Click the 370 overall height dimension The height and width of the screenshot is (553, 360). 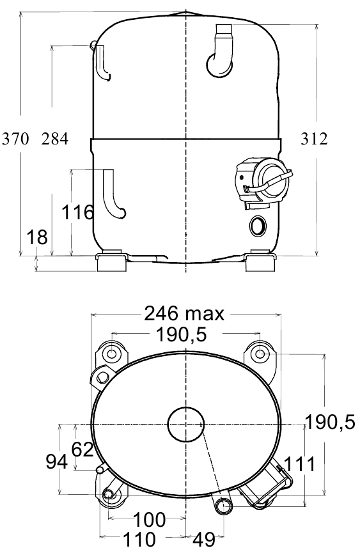point(15,139)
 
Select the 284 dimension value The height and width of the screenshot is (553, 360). point(54,139)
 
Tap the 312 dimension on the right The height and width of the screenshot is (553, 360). point(314,139)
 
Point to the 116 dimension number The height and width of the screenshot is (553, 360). point(78,212)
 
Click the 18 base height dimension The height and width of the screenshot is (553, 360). point(37,237)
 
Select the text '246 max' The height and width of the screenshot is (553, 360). point(184,313)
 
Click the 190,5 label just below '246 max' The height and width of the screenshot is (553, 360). point(181,335)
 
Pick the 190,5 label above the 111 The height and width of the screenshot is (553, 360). point(330,422)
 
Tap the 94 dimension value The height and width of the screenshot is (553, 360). point(57,462)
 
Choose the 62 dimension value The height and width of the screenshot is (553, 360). point(82,449)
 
